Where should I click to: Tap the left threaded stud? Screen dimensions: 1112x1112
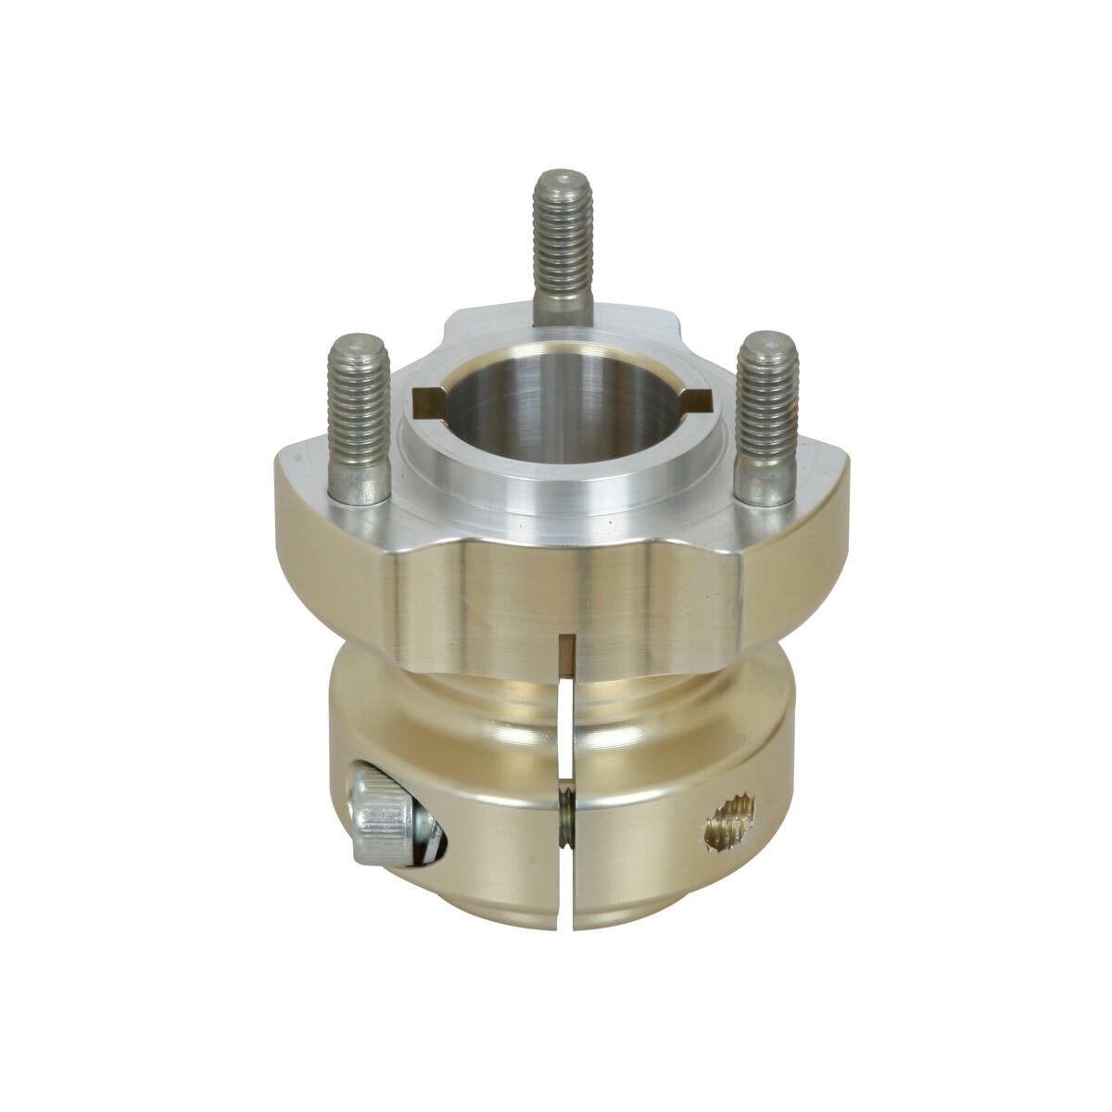tap(359, 417)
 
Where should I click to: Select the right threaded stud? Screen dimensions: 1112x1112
tap(766, 417)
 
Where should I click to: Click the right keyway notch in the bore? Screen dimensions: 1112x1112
tap(696, 400)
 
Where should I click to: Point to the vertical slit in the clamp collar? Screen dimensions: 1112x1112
tap(565, 723)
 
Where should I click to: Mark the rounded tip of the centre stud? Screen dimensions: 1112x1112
tap(562, 178)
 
